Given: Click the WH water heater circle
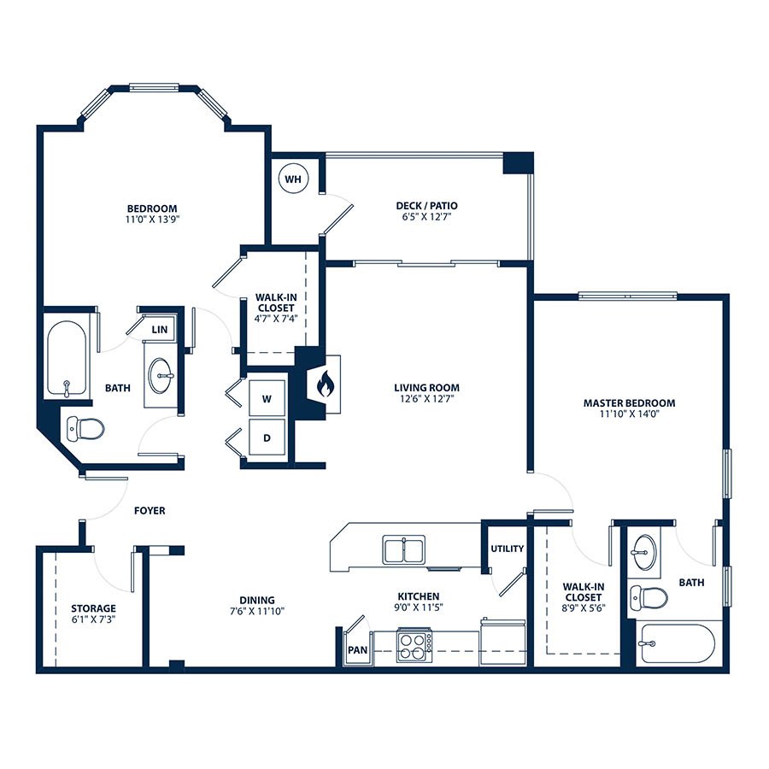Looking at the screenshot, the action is point(293,179).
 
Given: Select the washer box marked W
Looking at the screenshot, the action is point(267,398).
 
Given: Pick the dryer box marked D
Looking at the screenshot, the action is point(267,437).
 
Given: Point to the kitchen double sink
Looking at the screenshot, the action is point(403,549).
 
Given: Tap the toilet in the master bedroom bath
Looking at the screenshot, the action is point(649,598).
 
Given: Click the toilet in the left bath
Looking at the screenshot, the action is point(85,429).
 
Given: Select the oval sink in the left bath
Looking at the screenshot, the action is point(161,376).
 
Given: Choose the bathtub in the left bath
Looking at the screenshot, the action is point(67,360).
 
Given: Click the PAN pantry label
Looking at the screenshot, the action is point(357,650).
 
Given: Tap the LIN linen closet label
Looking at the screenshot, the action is point(160,330).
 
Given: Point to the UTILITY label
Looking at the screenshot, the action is point(507,549).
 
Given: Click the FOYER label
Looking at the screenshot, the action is point(150,511).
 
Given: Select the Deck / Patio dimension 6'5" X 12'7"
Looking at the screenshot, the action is point(426,217).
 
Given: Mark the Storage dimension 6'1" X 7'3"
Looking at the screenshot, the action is point(93,619).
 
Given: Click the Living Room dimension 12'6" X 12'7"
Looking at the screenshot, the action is point(426,399).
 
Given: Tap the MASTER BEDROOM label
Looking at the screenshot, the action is point(629,403).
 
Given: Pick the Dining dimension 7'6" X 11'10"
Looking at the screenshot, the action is point(257,611).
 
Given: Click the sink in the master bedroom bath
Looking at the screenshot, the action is point(644,552).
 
